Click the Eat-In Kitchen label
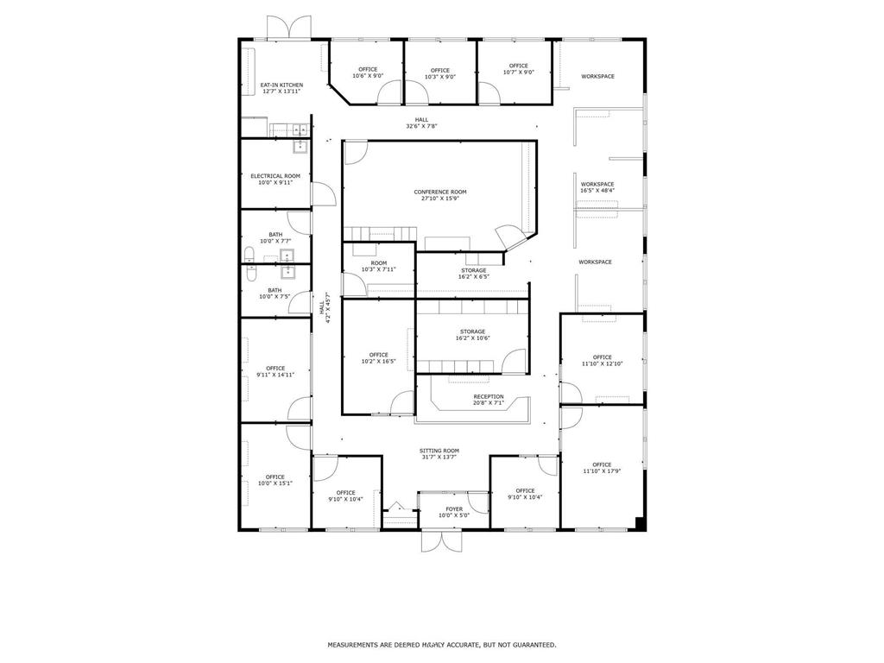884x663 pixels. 281,85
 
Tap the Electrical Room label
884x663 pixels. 275,176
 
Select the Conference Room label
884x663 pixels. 439,192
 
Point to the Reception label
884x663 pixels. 488,397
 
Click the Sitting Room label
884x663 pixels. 439,451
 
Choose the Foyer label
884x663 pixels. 453,509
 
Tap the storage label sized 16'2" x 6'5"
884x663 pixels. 474,274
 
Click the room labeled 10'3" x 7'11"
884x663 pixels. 378,266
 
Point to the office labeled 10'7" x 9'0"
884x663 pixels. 518,69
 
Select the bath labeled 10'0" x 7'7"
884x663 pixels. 275,237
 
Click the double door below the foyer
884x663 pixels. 440,542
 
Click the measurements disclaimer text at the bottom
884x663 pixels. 441,645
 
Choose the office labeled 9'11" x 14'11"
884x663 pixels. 275,371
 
